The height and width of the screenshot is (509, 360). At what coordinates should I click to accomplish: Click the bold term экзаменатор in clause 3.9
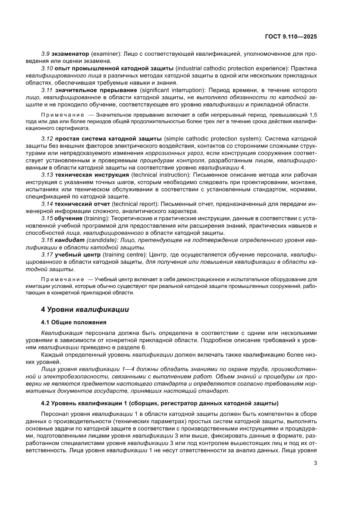71,53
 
